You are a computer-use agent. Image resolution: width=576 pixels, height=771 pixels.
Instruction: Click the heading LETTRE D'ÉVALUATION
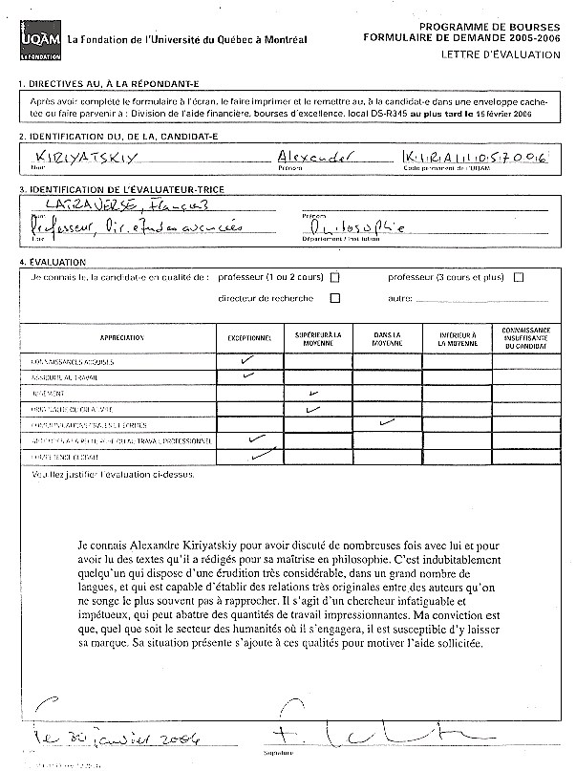[x=501, y=55]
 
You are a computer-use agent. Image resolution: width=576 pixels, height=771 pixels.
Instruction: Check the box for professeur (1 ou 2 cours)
[x=334, y=278]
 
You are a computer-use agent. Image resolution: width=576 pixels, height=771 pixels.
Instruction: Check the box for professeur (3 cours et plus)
[x=519, y=278]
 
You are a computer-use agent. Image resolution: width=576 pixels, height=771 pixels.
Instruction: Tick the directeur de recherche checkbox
[x=334, y=298]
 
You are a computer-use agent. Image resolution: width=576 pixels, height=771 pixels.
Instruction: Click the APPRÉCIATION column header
[x=121, y=339]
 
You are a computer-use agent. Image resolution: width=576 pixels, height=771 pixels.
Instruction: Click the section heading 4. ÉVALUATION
[x=53, y=262]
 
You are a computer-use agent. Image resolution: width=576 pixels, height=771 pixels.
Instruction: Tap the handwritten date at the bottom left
[x=111, y=737]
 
